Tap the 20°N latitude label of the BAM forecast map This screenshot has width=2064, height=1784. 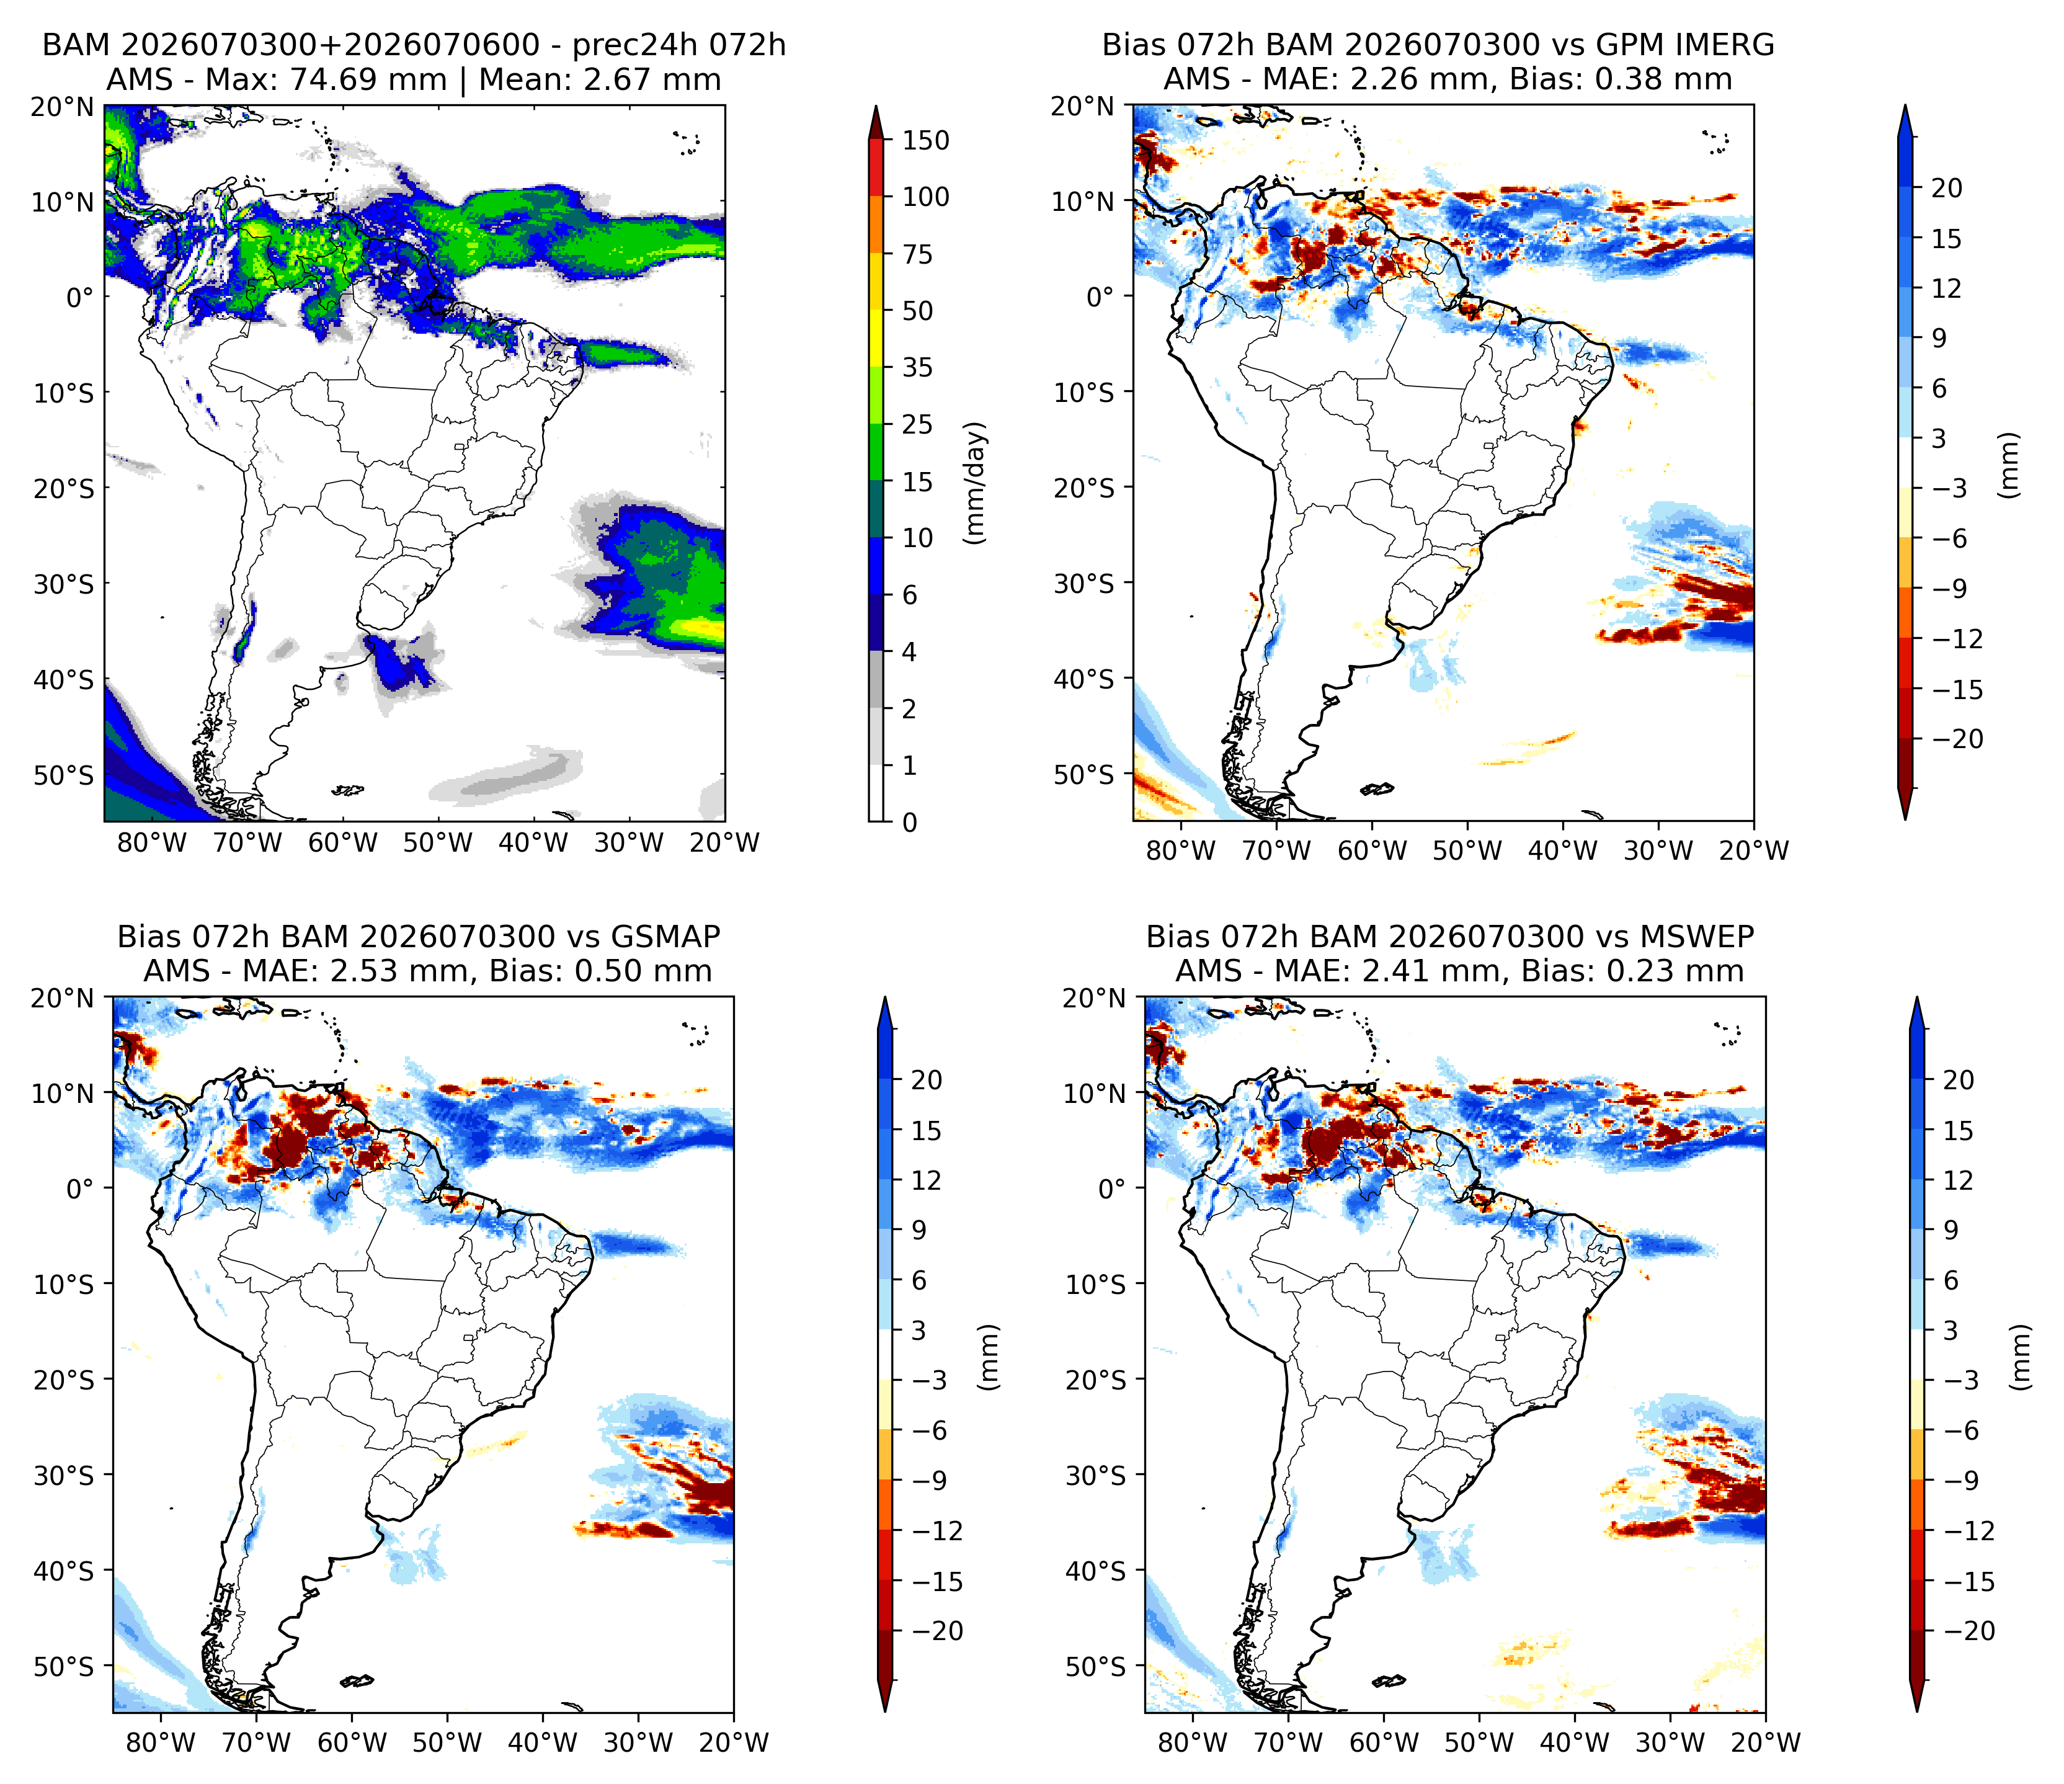click(62, 107)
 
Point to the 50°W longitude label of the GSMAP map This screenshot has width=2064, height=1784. click(447, 1742)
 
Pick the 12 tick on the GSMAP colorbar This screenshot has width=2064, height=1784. click(927, 1180)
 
